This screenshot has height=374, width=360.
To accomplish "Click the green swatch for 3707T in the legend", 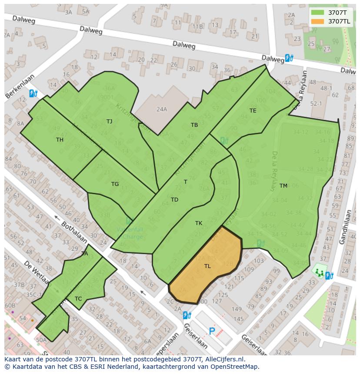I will pyautogui.click(x=318, y=13).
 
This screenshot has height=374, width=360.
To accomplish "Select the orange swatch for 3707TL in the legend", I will pyautogui.click(x=318, y=21).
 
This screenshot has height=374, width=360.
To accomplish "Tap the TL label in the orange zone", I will pyautogui.click(x=207, y=266).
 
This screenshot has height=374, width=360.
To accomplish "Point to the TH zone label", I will pyautogui.click(x=60, y=140).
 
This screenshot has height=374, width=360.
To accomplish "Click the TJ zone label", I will pyautogui.click(x=109, y=122).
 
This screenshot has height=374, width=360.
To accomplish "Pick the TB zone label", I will pyautogui.click(x=194, y=125).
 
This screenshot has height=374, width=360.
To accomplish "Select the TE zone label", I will pyautogui.click(x=253, y=111).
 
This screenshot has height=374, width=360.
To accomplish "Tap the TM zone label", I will pyautogui.click(x=283, y=186).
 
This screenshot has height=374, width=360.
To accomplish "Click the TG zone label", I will pyautogui.click(x=115, y=184).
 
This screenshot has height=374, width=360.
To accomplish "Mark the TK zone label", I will pyautogui.click(x=199, y=223).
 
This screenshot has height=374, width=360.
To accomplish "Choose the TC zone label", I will pyautogui.click(x=78, y=299).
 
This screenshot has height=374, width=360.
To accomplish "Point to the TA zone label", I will pyautogui.click(x=84, y=254).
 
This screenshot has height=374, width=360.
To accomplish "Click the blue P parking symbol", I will pyautogui.click(x=212, y=331).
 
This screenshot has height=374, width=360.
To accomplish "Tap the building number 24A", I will pyautogui.click(x=162, y=109).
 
